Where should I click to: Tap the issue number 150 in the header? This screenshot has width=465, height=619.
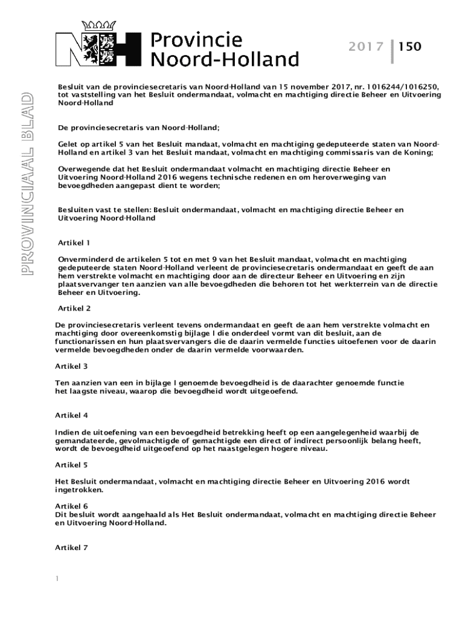(409, 47)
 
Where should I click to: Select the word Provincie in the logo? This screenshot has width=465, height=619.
(196, 41)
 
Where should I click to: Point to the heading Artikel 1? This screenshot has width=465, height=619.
(74, 242)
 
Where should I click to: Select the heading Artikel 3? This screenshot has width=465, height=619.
(71, 366)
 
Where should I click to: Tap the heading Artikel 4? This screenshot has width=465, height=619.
(71, 415)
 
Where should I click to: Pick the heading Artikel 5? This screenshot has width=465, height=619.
(71, 465)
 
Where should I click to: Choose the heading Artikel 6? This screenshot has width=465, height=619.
(71, 506)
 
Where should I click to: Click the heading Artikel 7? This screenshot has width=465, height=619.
(71, 548)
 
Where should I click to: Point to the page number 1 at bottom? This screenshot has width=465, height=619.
(57, 579)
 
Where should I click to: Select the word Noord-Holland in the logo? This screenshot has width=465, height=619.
(224, 59)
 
